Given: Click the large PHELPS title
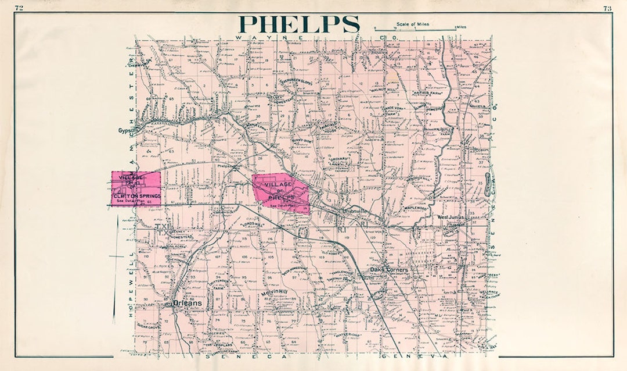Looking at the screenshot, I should (299, 24).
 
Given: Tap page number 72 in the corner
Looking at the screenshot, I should (19, 8).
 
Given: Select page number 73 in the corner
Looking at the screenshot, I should (607, 8).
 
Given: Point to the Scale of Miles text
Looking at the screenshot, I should (413, 24).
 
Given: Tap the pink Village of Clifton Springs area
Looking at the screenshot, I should (136, 189).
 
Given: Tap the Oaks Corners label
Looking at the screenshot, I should (391, 270).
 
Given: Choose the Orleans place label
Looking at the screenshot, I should (187, 303).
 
